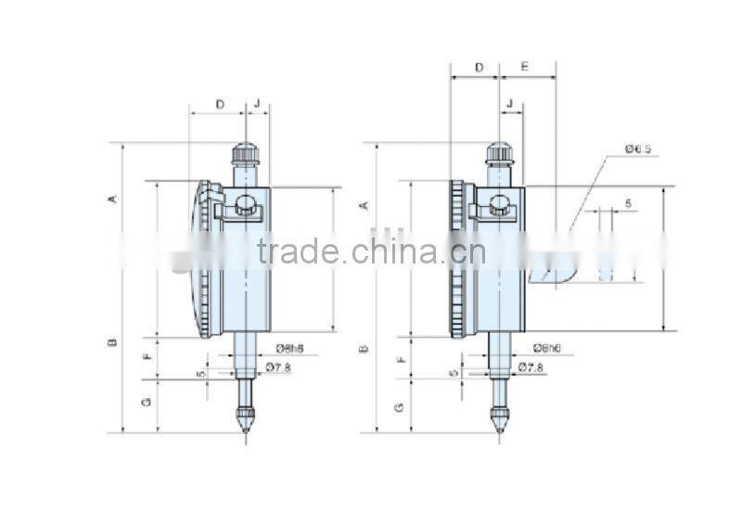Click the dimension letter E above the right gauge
525,68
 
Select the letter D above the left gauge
220,104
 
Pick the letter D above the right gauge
479,68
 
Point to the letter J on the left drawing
257,104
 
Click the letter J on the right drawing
509,104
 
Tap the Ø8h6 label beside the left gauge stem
289,349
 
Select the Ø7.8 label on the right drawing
530,367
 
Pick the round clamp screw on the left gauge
247,206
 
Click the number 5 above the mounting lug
628,202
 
